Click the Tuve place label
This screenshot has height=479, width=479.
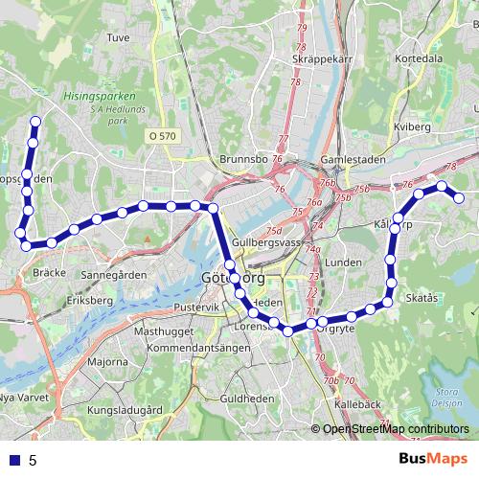point(118,38)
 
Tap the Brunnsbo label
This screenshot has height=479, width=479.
point(240,159)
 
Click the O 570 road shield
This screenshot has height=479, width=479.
point(163,137)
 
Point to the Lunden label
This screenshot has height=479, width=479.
point(341,262)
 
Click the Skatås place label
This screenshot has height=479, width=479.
point(422,299)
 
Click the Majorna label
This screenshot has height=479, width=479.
point(107,362)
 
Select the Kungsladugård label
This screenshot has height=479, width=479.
point(125,410)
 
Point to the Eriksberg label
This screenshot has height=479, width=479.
point(84,300)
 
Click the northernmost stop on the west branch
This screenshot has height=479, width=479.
point(35,122)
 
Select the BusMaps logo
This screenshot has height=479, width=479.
point(433,459)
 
